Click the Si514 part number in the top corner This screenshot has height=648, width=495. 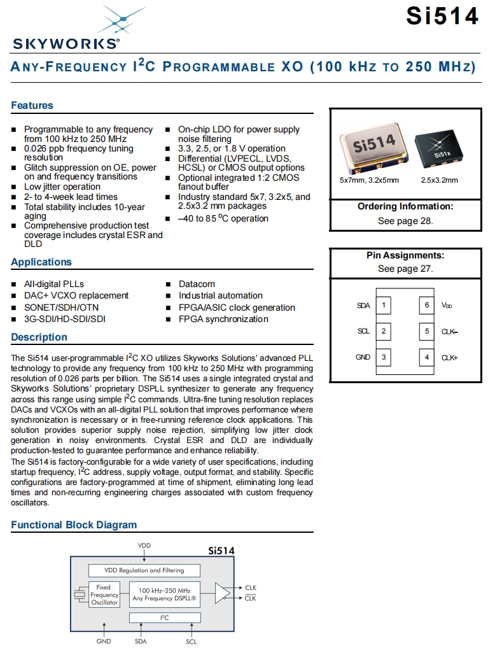[x=442, y=16]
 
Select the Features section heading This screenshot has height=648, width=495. [x=32, y=106]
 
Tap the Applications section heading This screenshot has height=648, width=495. [x=41, y=262]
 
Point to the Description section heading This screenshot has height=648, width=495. [x=39, y=337]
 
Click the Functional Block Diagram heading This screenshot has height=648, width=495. [x=74, y=525]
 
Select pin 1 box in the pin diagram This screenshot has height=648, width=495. [x=384, y=306]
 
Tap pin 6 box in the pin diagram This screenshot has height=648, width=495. [x=428, y=306]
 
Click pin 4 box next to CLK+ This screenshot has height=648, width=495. [x=428, y=357]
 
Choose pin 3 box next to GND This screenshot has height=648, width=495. [x=384, y=357]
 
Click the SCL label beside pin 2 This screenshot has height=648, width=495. [x=363, y=331]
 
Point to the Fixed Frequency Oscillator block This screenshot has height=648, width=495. [x=103, y=595]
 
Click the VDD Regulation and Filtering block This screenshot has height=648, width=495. [x=144, y=570]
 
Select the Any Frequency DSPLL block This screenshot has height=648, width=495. [x=165, y=595]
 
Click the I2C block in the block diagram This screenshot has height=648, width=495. [x=165, y=617]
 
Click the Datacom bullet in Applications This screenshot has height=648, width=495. [x=197, y=284]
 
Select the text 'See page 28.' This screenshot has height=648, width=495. [x=405, y=221]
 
